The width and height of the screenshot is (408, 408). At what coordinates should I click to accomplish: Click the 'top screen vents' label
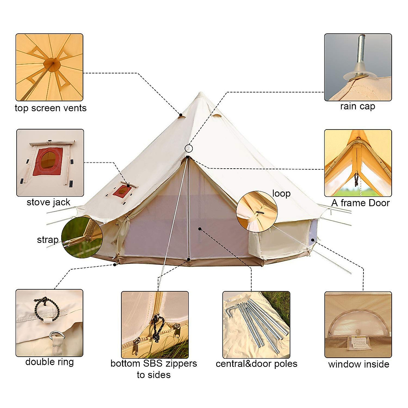click(51, 108)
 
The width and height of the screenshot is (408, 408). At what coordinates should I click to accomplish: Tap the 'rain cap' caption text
click(357, 106)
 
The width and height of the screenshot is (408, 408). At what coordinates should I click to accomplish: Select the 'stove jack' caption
click(48, 202)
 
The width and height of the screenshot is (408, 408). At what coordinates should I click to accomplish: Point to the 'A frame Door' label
click(360, 203)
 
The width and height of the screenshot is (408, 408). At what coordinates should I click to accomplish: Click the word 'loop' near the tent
click(281, 193)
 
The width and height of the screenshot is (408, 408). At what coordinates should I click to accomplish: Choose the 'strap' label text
click(48, 240)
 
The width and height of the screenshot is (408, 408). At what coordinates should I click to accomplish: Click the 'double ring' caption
click(50, 362)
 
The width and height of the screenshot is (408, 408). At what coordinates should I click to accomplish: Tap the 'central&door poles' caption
click(256, 364)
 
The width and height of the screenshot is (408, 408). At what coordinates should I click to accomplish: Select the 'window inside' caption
click(358, 364)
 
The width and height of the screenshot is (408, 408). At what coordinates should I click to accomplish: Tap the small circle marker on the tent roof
click(189, 148)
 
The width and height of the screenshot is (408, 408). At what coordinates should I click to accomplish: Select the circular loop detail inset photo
click(257, 211)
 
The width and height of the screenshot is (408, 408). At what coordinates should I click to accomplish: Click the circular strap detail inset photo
click(82, 237)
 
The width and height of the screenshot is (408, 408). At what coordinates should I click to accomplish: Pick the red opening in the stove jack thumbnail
click(47, 161)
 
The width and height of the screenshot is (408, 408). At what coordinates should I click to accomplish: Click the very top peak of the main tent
click(201, 93)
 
